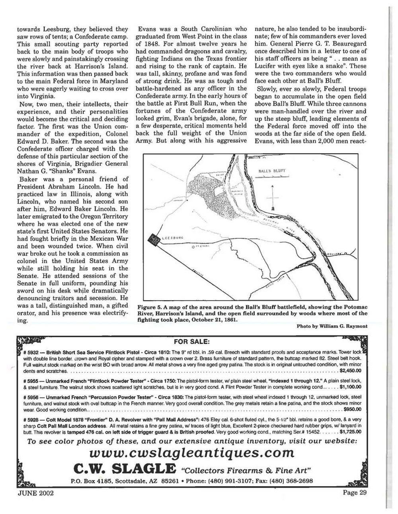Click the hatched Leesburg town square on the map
153,239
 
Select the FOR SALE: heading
192,342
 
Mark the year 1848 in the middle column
154,44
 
